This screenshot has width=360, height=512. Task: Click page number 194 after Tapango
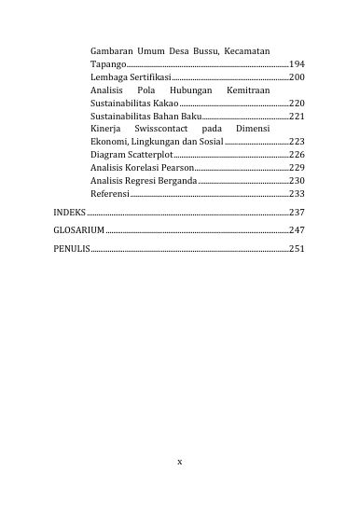tap(297, 63)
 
